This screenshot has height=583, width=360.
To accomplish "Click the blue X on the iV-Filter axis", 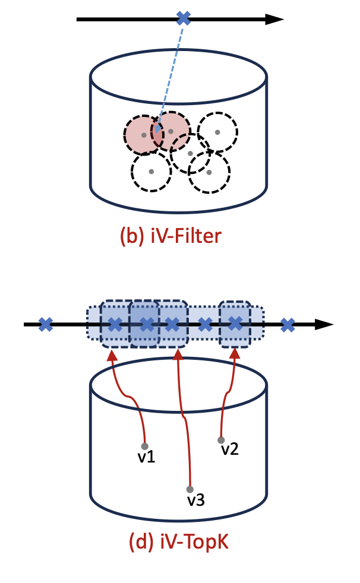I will pos(184,19).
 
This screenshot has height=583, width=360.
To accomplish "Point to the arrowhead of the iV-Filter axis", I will pos(274,19).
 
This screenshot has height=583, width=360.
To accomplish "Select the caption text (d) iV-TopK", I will pos(179,541).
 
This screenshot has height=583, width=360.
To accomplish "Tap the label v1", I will pos(145,458).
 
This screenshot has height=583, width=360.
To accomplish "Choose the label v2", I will pos(230,449).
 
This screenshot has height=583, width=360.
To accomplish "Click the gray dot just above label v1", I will pos(144,446).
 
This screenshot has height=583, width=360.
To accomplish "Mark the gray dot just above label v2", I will pos(221,440).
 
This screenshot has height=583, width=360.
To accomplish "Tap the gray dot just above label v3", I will pos(190,489).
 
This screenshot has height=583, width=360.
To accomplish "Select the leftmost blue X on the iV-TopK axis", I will pos(46,324).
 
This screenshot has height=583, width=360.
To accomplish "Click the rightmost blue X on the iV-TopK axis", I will pos(288,324).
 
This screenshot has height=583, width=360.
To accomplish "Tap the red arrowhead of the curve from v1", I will pos(110,355).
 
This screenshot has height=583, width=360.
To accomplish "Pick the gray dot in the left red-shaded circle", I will pos(144,135).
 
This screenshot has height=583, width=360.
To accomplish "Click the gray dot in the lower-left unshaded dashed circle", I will pos(151,172).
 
